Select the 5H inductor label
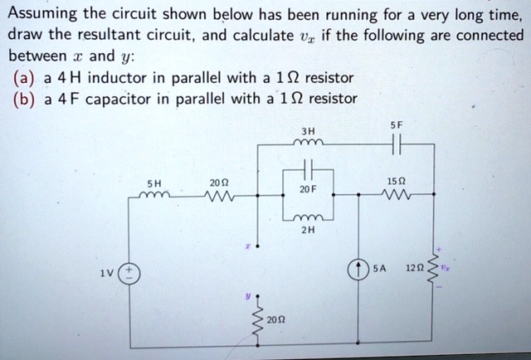(153, 184)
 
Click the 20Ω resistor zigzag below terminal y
(258, 320)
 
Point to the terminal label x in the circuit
(246, 246)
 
